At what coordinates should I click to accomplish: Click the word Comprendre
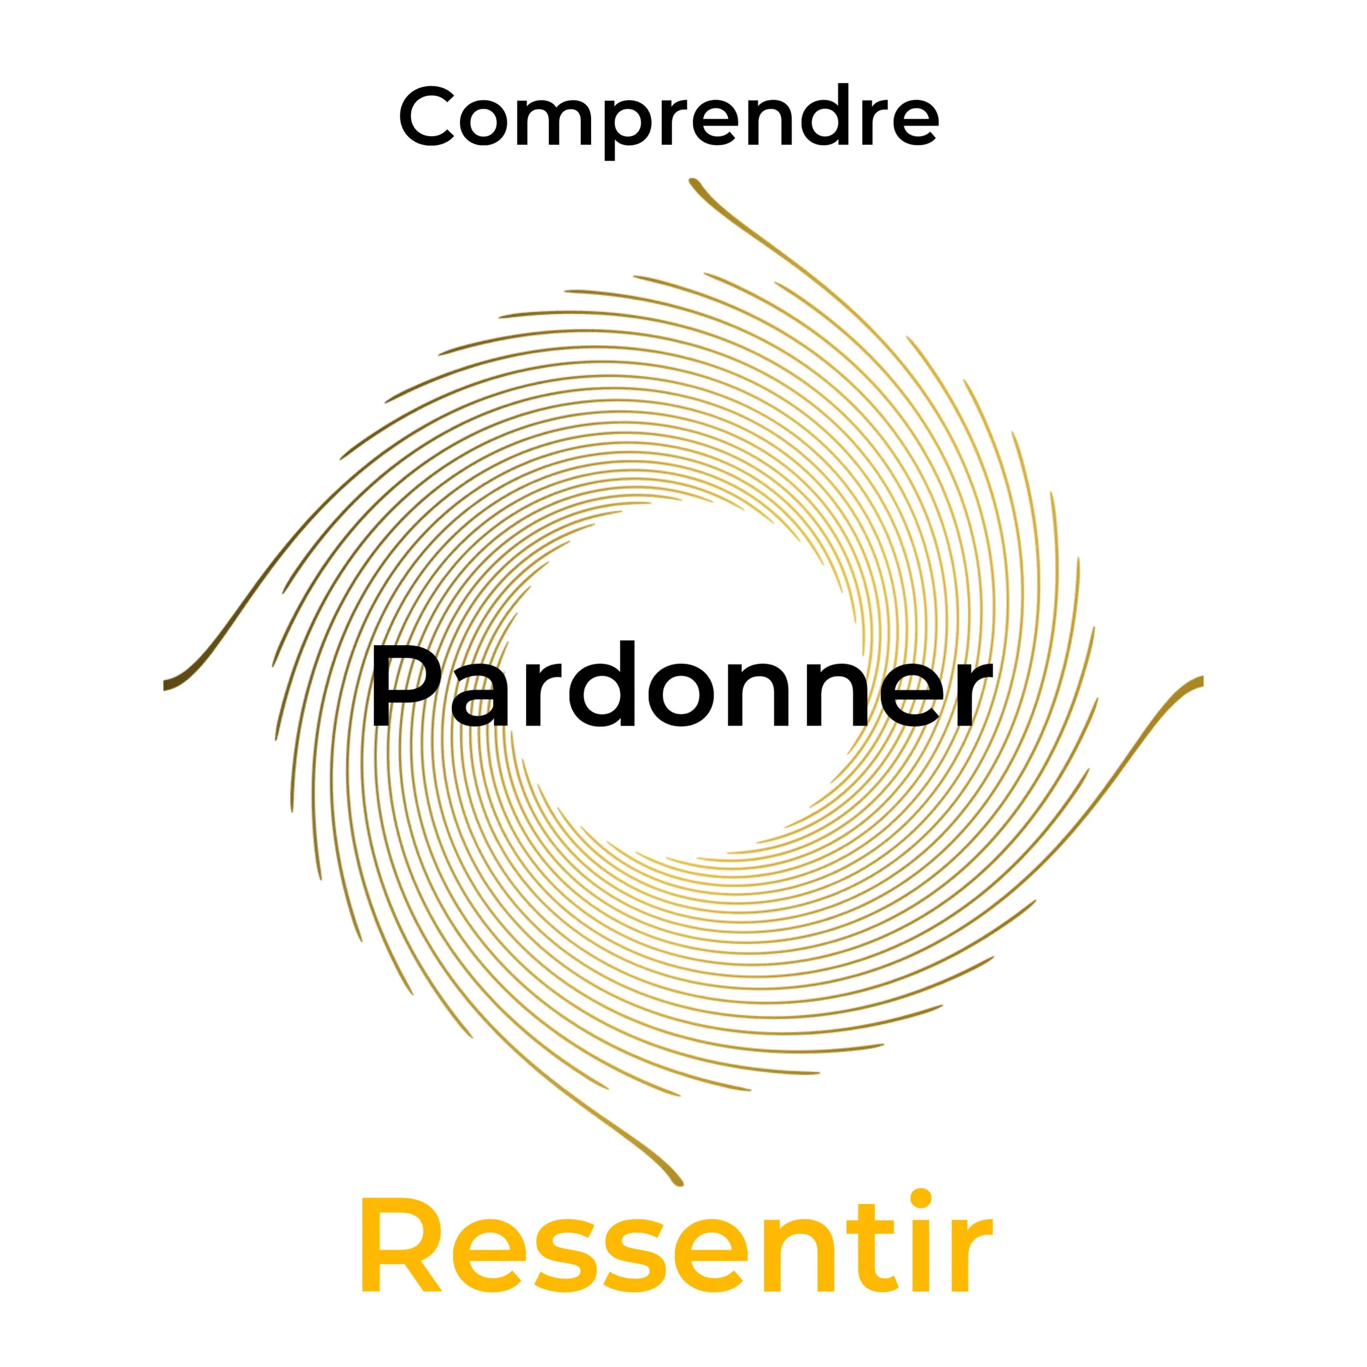point(669,117)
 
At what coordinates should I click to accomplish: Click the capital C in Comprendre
point(426,117)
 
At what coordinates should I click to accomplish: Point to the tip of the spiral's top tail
point(693,182)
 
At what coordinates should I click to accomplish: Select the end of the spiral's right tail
point(1200,681)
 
